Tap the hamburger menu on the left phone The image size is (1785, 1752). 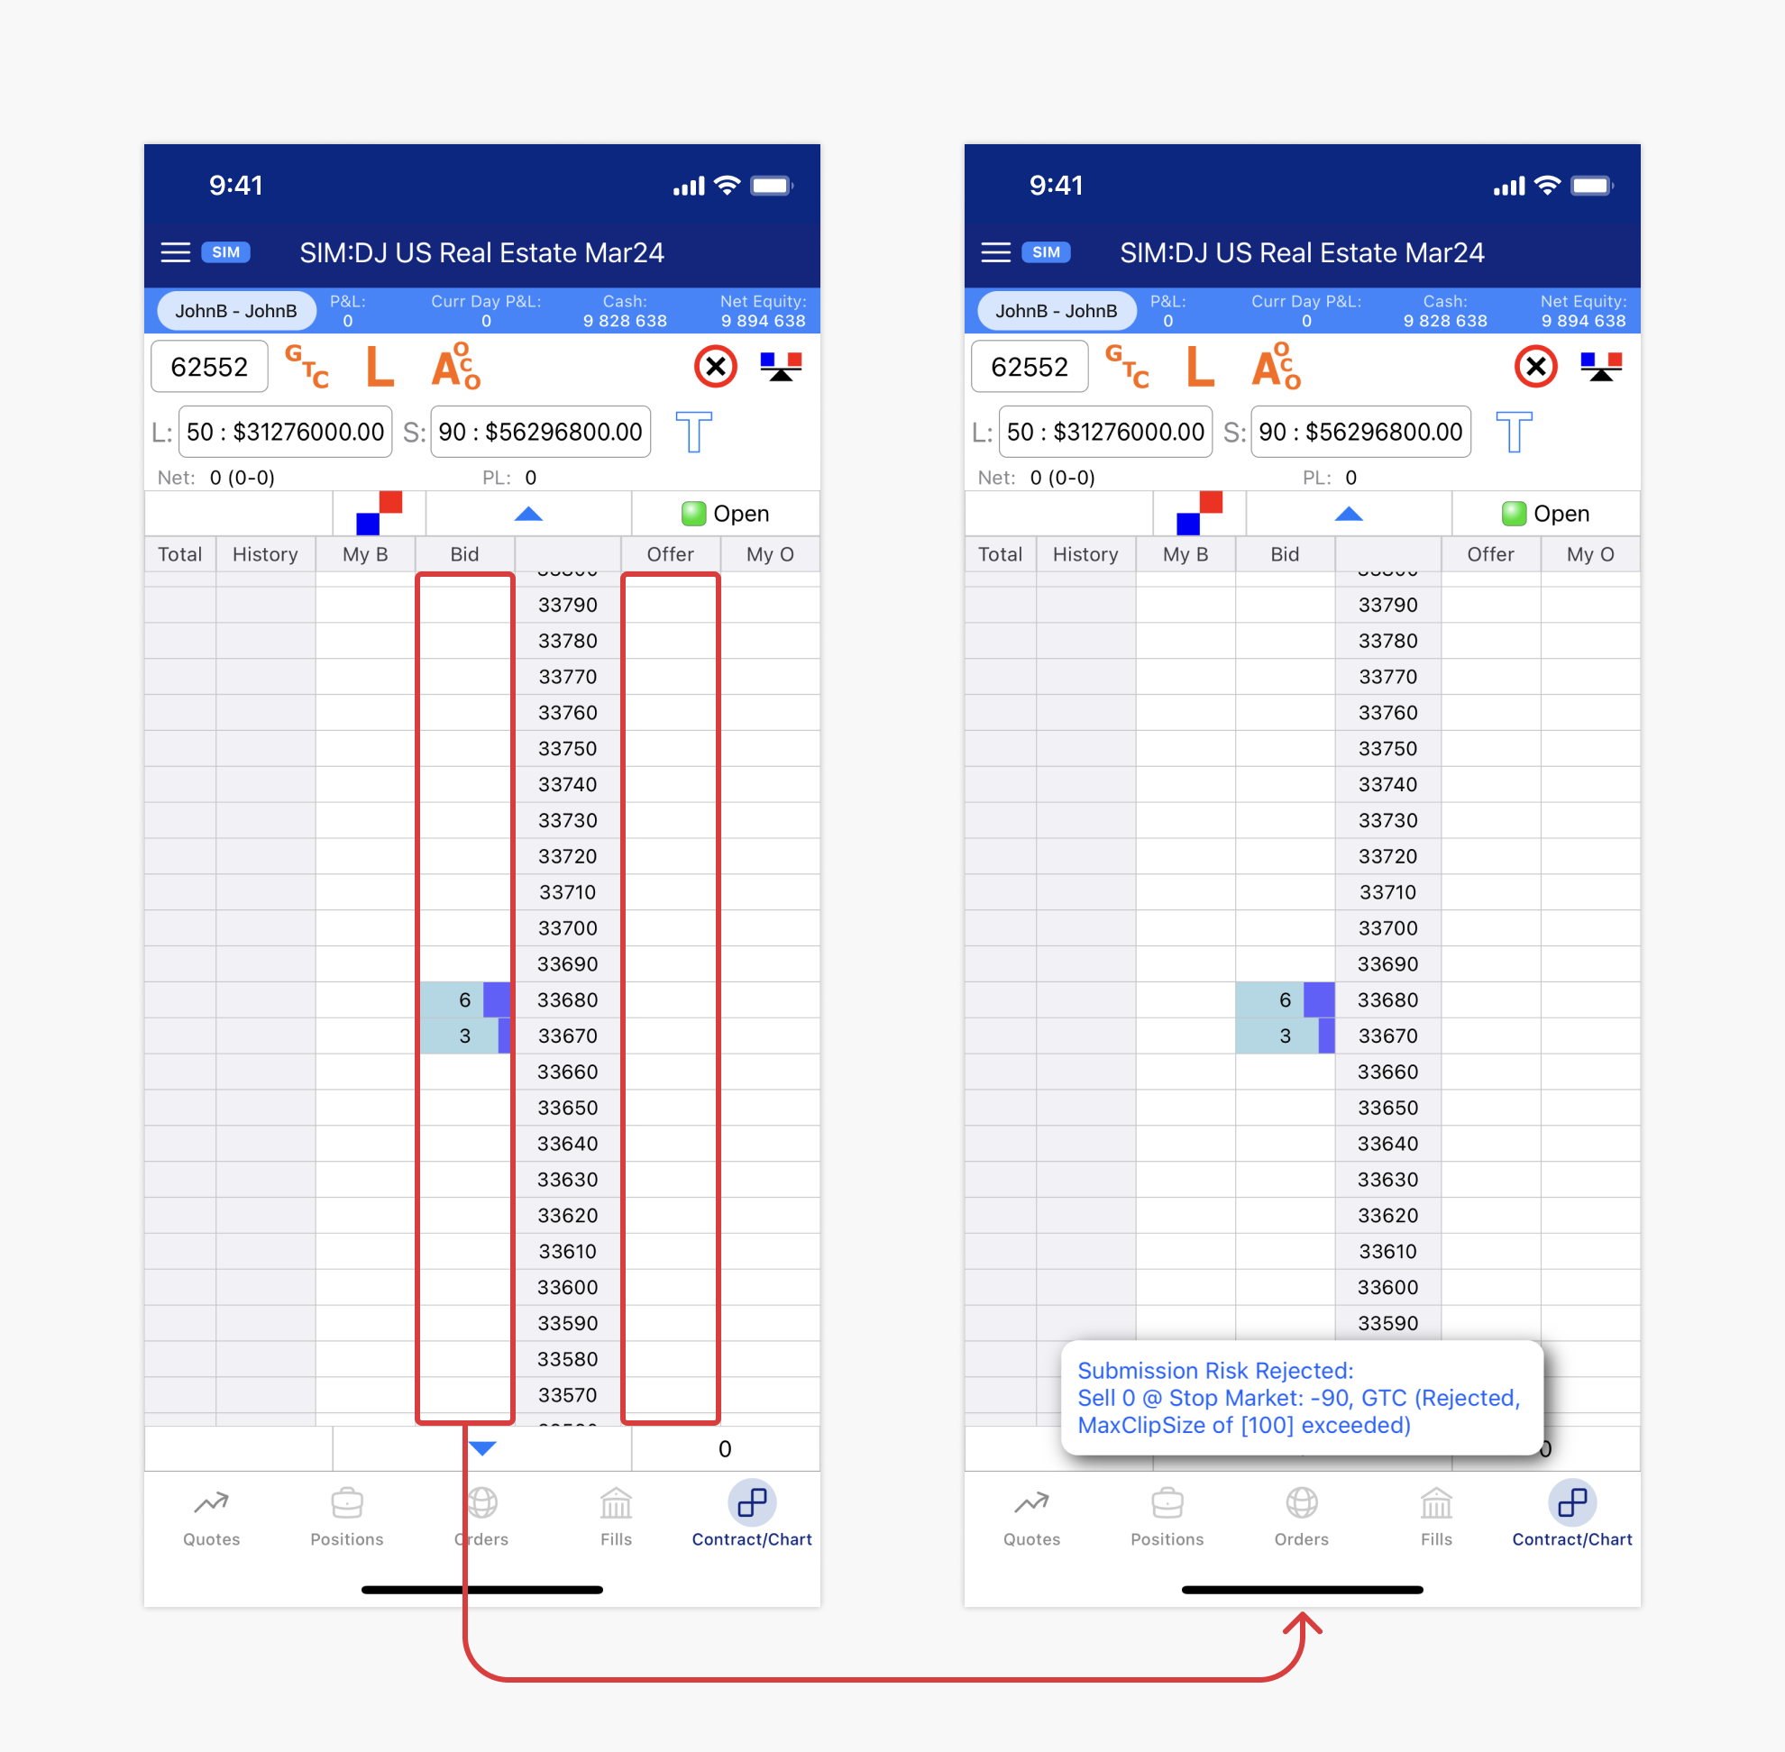coord(175,252)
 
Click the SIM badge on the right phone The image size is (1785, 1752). coord(1046,252)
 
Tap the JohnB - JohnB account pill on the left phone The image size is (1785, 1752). coord(235,311)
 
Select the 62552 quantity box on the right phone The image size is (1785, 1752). coord(1030,367)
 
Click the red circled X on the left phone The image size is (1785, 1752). coord(715,367)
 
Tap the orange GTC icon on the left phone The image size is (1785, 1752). coord(307,367)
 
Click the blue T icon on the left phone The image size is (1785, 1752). coord(693,432)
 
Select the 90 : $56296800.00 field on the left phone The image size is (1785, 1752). coord(540,432)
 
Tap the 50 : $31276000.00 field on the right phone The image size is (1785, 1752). coord(1104,432)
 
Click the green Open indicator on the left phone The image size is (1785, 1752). coord(726,514)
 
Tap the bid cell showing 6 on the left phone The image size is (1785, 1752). coord(465,1000)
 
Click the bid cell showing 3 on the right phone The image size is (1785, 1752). coord(1286,1036)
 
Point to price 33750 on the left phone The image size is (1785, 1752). coord(567,748)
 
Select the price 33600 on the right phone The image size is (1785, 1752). coord(1387,1287)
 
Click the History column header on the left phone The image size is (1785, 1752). coord(265,554)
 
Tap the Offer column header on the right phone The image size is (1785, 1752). coord(1489,554)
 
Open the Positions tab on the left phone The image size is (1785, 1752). coord(346,1517)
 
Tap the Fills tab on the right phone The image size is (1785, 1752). coord(1435,1517)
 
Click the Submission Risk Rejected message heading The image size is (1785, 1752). coord(1215,1370)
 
